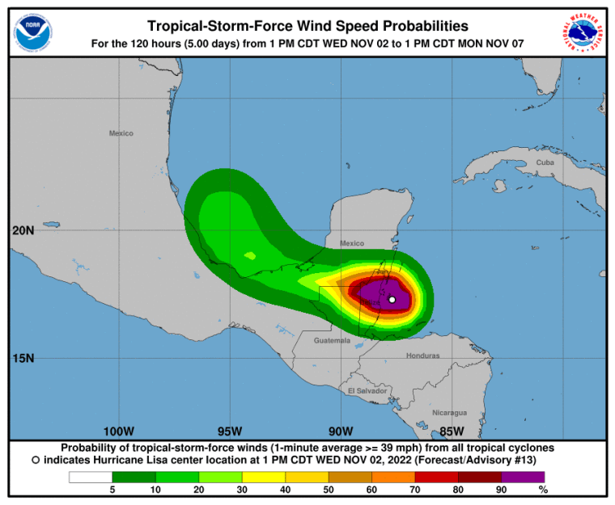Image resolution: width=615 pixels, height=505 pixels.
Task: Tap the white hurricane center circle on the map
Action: pos(392,300)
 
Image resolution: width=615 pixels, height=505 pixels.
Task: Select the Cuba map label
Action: pos(545,163)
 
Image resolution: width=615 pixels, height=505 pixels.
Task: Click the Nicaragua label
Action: pos(449,412)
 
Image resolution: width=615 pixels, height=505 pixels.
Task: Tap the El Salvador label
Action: pos(367,390)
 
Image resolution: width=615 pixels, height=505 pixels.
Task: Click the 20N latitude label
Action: pos(23,230)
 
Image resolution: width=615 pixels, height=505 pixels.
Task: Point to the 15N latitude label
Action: pos(23,358)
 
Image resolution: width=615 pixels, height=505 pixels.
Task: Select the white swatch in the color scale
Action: pos(91,477)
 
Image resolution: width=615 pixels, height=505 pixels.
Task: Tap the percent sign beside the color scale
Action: pos(543,490)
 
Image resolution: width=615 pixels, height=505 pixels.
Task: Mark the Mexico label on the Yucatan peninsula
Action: pos(352,243)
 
